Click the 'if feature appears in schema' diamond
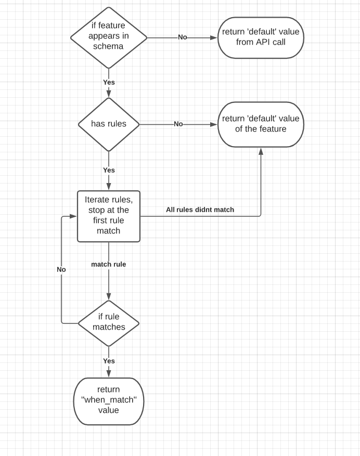tap(109, 37)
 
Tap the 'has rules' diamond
tap(109, 124)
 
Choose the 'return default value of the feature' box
tap(261, 124)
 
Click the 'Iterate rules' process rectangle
tap(109, 216)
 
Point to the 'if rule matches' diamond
tap(109, 322)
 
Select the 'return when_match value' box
tap(109, 400)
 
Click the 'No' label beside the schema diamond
tap(183, 37)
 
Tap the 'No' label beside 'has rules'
tap(178, 124)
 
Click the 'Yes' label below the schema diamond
tap(109, 82)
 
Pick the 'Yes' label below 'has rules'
tap(109, 170)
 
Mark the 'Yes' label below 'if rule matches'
tap(109, 361)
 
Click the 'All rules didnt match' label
tap(200, 210)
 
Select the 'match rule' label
tap(109, 265)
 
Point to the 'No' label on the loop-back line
tap(61, 270)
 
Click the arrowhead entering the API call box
tap(214, 37)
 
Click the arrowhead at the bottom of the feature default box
tap(261, 150)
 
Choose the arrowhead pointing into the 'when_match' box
tap(109, 374)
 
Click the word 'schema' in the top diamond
tap(109, 46)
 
